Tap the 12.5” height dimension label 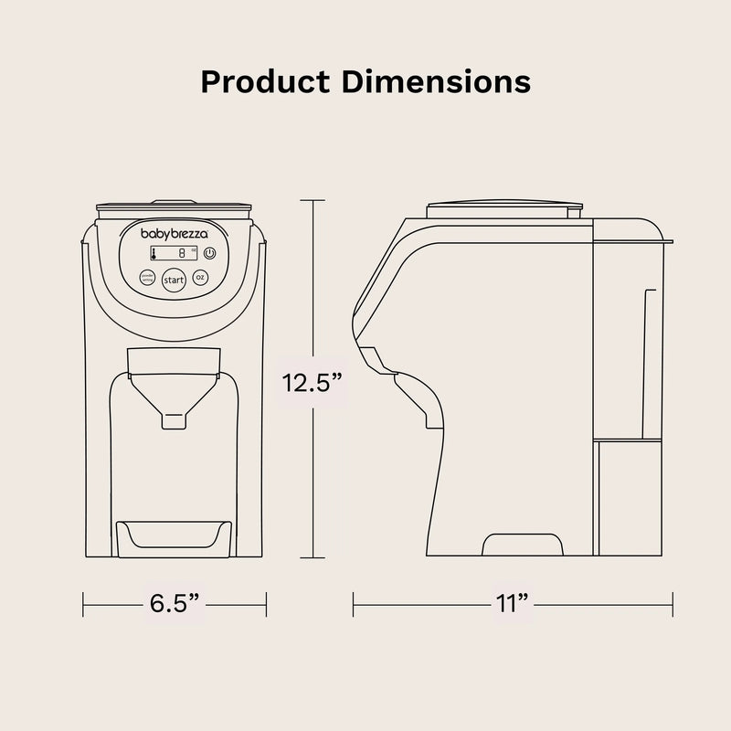click(312, 382)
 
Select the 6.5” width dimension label click(175, 602)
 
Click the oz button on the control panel click(201, 278)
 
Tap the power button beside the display click(209, 253)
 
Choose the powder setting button click(146, 278)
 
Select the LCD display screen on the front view click(175, 254)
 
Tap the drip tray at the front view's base click(175, 535)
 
